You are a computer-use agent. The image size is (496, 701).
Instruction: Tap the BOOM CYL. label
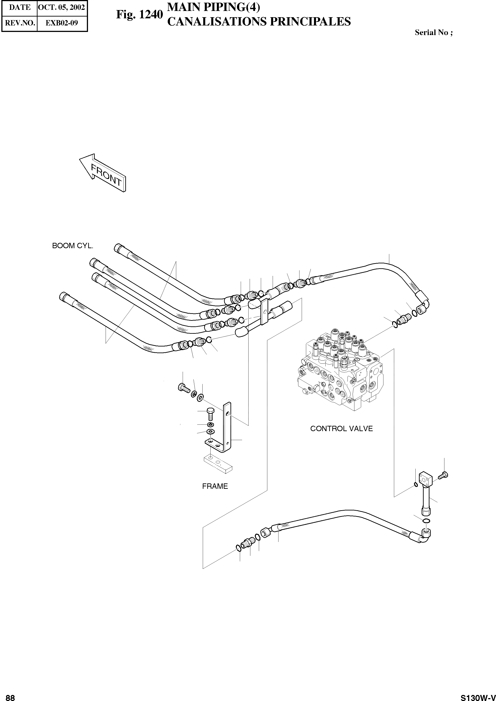(73, 246)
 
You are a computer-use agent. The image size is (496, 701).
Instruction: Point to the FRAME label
(215, 486)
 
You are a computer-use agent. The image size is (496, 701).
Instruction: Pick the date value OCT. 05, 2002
(61, 7)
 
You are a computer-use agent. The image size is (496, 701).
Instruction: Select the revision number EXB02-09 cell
(62, 23)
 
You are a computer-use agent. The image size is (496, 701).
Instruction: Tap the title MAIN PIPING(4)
(214, 7)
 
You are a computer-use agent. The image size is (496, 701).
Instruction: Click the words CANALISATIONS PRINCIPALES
(259, 22)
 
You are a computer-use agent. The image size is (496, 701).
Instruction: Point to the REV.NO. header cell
(20, 23)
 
